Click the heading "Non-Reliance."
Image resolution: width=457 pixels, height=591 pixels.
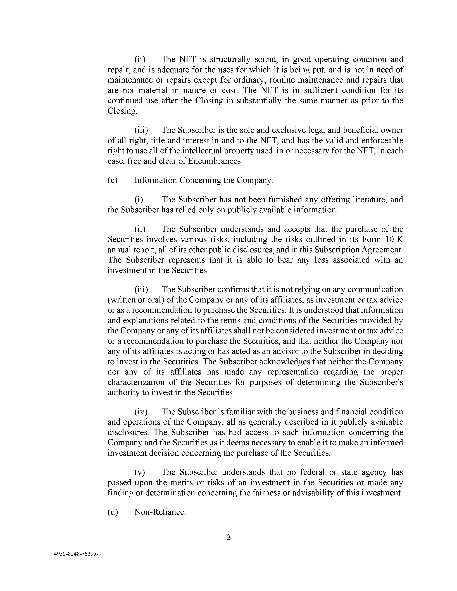(x=160, y=512)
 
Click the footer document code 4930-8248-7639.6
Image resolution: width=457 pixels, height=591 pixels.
(x=76, y=554)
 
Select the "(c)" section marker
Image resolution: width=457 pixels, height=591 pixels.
(x=113, y=180)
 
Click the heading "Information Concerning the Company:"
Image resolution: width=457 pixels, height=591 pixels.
(x=204, y=180)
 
